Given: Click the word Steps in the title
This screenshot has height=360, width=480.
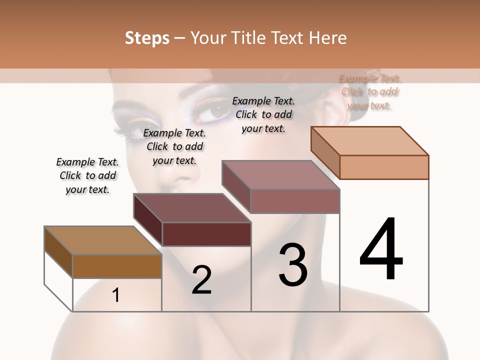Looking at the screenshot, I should tap(146, 38).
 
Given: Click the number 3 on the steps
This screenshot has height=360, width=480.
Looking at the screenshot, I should tap(293, 265).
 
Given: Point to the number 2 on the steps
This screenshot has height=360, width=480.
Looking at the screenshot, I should tap(201, 279).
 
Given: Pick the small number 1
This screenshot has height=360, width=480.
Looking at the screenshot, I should tap(116, 295).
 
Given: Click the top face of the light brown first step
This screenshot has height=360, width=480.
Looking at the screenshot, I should tap(103, 240).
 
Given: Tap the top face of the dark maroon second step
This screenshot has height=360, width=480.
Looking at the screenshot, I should tap(192, 208).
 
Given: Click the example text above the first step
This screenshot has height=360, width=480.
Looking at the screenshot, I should tap(87, 175).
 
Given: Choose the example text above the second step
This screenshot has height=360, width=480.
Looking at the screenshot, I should tap(174, 146).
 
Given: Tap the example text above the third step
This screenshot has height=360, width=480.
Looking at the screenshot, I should tap(263, 114).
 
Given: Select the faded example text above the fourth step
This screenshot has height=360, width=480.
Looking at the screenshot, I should tap(369, 92).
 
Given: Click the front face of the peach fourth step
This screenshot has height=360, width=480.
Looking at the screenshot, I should tap(384, 167).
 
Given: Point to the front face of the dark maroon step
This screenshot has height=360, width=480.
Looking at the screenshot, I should tap(206, 234).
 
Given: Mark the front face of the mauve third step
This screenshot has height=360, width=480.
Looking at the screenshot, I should tap(295, 201).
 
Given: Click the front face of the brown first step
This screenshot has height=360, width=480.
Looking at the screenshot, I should tap(117, 266).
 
